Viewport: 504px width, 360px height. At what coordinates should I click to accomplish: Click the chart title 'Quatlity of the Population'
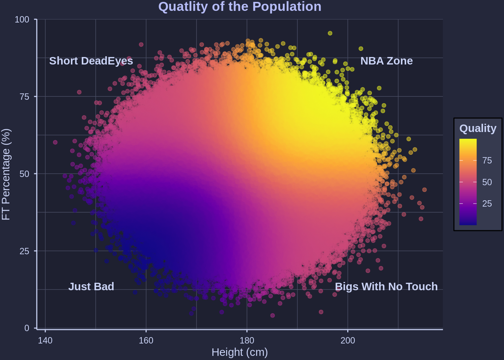(x=240, y=7)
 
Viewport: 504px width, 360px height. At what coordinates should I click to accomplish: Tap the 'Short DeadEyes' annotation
(x=91, y=61)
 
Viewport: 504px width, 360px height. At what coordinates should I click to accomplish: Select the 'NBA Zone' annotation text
(x=386, y=61)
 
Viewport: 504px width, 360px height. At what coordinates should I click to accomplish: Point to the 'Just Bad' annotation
(x=91, y=286)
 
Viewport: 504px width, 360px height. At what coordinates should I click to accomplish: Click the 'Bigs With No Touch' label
(x=386, y=286)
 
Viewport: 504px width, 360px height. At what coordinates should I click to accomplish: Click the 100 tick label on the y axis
(x=22, y=19)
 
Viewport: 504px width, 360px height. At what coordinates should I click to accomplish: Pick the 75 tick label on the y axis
(x=24, y=97)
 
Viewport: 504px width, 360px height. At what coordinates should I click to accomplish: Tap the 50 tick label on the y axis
(x=24, y=174)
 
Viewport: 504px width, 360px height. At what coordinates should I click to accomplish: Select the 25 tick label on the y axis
(x=24, y=251)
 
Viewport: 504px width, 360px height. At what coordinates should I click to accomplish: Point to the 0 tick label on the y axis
(x=27, y=328)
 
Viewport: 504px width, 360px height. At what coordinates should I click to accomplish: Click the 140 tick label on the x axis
(x=45, y=340)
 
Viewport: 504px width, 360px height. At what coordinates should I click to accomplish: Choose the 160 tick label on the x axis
(x=146, y=340)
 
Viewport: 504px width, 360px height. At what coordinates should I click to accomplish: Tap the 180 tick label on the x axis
(x=247, y=340)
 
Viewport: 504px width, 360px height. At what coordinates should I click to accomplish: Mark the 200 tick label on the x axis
(x=348, y=340)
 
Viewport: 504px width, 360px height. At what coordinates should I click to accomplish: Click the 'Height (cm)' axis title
(x=240, y=352)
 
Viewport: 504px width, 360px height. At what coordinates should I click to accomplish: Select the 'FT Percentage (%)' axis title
(x=6, y=174)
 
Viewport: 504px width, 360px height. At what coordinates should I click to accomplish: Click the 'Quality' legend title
(x=478, y=128)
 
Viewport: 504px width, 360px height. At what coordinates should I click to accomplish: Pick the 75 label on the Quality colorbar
(x=487, y=160)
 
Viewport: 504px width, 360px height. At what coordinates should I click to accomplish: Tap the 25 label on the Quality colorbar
(x=487, y=204)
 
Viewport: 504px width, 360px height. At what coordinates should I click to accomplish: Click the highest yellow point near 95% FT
(x=330, y=33)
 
